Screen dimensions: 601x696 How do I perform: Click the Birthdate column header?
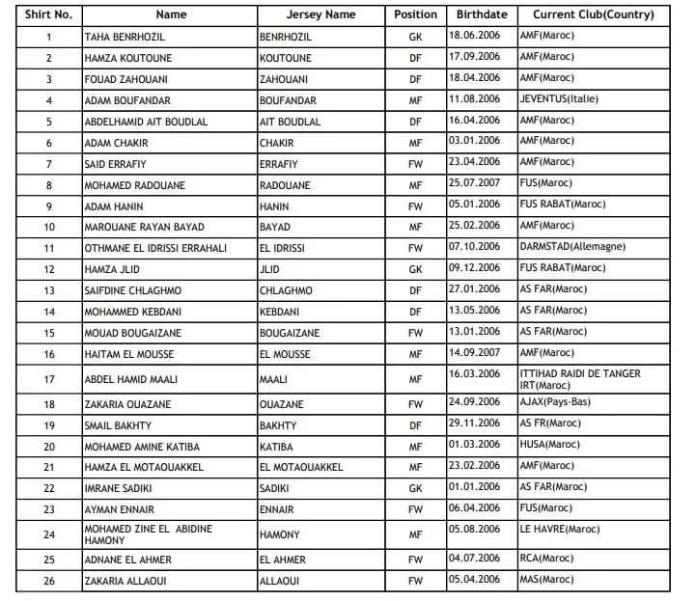pos(479,14)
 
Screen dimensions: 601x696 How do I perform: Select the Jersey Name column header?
pos(320,14)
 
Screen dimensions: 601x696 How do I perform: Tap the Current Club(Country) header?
pos(593,14)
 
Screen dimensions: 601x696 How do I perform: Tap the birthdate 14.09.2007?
pos(474,352)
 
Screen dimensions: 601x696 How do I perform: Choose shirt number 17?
pos(48,379)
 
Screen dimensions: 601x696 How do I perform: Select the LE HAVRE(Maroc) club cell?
pos(559,529)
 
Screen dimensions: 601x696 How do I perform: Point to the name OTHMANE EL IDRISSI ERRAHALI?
pos(155,248)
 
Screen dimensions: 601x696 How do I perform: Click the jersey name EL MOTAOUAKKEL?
pos(300,467)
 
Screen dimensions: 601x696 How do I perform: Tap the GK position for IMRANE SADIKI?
pos(415,488)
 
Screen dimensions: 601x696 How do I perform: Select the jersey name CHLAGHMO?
pos(288,290)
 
